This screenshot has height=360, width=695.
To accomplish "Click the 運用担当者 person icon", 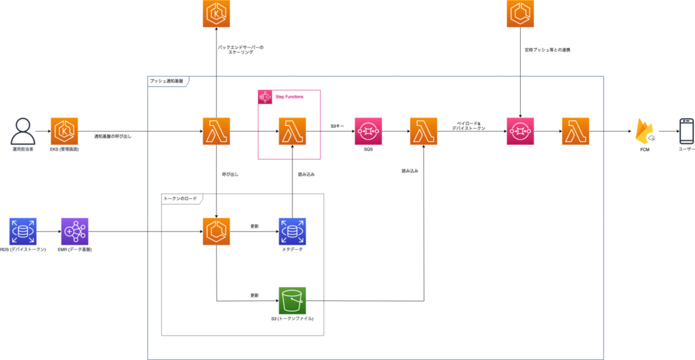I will point(22,131).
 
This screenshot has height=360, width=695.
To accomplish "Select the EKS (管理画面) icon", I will point(64,132).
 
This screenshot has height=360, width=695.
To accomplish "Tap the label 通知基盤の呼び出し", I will point(112,136).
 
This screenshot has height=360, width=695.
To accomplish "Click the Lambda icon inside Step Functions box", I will point(292,132).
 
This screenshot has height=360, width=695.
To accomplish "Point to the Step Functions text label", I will point(289,97).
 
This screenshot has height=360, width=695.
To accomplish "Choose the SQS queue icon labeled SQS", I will point(368,132).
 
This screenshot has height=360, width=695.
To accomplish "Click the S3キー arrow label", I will point(338,126).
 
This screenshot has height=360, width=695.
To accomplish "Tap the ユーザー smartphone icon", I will point(686,131).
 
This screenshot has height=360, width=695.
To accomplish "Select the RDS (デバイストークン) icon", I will point(23,232).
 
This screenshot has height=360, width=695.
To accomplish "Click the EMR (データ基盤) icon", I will point(74,232).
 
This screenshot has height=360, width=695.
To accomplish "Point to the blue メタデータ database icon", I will point(292,232).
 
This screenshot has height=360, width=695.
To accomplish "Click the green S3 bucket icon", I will point(292,301).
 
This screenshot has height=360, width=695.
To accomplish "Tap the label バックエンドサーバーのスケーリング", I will point(241,50).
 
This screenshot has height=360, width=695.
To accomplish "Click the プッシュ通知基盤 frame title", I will point(166,81).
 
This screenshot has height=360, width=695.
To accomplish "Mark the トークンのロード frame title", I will point(179,198).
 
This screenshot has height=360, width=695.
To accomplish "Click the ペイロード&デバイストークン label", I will point(468,126).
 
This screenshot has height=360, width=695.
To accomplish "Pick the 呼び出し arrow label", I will point(230,174).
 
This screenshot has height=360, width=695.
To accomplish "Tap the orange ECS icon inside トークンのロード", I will point(217,232).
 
